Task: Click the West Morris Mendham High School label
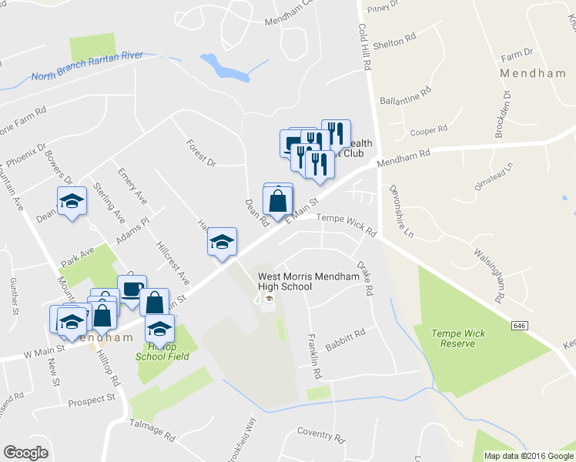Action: point(285,281)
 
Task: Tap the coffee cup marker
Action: point(132,290)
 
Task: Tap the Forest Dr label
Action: point(201,152)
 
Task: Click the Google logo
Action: point(25,453)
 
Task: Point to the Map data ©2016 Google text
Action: point(529,456)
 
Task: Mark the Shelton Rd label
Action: point(394,43)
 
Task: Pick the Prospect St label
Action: point(91,400)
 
